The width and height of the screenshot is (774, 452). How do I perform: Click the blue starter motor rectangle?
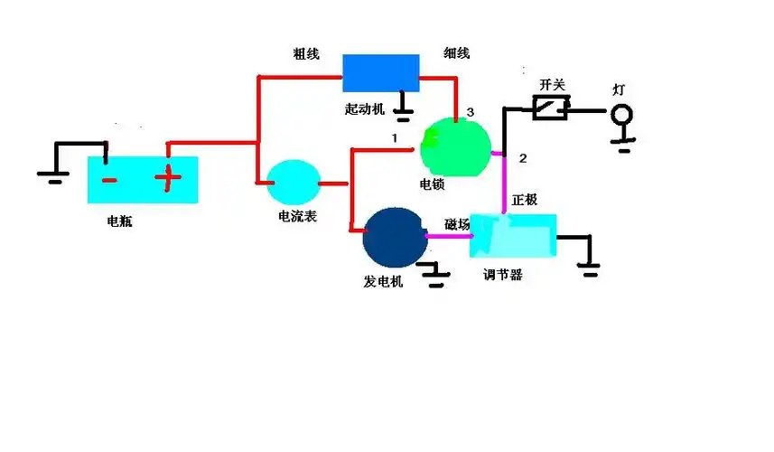[x=380, y=73]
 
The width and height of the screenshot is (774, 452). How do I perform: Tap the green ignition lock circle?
[x=456, y=146]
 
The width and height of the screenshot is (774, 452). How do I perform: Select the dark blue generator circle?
[x=395, y=236]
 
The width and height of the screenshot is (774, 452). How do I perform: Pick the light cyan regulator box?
[x=512, y=236]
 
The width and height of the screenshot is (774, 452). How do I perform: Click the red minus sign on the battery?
[x=108, y=179]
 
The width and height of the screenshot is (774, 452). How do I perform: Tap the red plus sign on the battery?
[x=167, y=178]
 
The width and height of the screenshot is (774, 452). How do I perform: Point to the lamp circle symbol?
[x=621, y=115]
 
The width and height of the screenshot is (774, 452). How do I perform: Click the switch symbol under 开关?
[x=550, y=109]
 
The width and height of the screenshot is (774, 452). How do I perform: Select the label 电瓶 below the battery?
[x=119, y=220]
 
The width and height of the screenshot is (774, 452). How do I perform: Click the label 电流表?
[x=297, y=217]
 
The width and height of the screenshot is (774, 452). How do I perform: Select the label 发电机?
[x=383, y=281]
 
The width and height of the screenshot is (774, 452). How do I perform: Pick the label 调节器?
[x=503, y=274]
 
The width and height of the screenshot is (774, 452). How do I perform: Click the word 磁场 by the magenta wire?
[x=457, y=223]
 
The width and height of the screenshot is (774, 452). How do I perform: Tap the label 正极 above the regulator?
[x=525, y=199]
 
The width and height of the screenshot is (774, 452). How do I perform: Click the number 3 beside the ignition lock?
[x=470, y=112]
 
